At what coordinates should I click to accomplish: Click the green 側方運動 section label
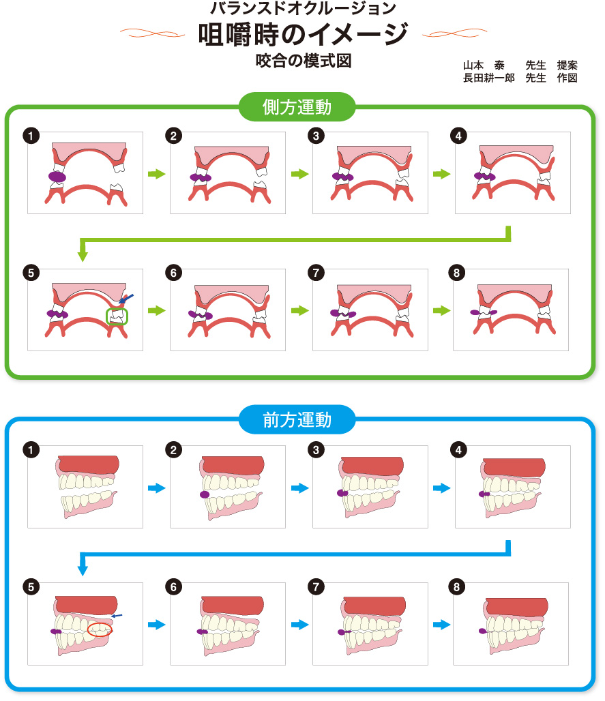tap(297, 107)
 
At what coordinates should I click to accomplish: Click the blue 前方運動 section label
tap(297, 419)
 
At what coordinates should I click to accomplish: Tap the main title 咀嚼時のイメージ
tap(303, 33)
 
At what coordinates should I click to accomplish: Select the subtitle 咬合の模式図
tap(303, 61)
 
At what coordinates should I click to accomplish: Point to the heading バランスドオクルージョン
tap(303, 9)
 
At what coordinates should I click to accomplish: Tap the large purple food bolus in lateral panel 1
tap(57, 177)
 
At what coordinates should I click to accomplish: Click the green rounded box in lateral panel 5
tap(117, 316)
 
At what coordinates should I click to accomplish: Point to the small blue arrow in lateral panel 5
tap(126, 298)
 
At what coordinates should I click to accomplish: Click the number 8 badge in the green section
tap(456, 273)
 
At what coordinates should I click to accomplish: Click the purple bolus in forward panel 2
tap(203, 494)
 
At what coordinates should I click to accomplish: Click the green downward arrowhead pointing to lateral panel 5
tap(83, 256)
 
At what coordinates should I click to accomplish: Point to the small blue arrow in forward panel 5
tap(117, 616)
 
